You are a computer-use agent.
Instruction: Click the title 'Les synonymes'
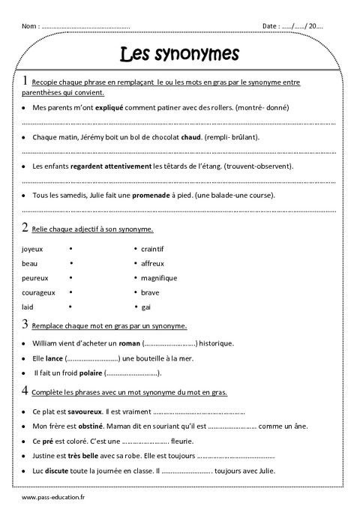pyautogui.click(x=179, y=54)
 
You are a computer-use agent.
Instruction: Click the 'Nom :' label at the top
pyautogui.click(x=31, y=26)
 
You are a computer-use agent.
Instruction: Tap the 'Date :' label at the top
pyautogui.click(x=271, y=26)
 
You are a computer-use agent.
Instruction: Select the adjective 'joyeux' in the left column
pyautogui.click(x=33, y=248)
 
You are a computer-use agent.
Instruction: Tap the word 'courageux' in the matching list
pyautogui.click(x=38, y=292)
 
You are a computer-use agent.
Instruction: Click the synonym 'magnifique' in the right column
pyautogui.click(x=158, y=277)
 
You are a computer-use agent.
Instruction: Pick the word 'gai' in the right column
pyautogui.click(x=146, y=307)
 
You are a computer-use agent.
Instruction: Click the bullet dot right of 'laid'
pyautogui.click(x=70, y=307)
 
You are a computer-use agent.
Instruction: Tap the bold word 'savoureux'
pyautogui.click(x=83, y=412)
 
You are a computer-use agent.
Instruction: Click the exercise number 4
pyautogui.click(x=25, y=390)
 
